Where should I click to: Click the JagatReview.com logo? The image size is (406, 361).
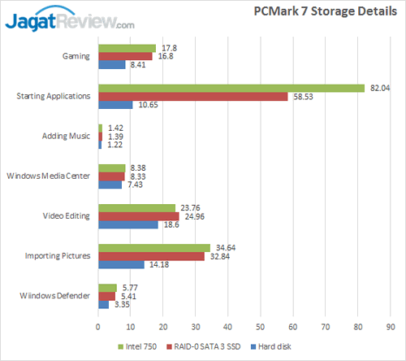(x=70, y=19)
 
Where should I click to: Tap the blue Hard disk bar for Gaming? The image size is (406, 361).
(x=112, y=64)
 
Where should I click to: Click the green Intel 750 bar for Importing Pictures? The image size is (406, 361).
(x=154, y=246)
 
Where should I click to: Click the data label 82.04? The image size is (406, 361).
(x=378, y=88)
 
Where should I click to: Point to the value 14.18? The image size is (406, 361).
(x=158, y=263)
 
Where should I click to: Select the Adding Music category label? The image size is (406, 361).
(x=67, y=136)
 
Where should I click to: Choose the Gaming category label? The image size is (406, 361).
(x=76, y=56)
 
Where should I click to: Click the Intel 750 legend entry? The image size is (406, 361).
(x=140, y=346)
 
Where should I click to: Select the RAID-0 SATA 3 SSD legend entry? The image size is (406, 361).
(x=208, y=346)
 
